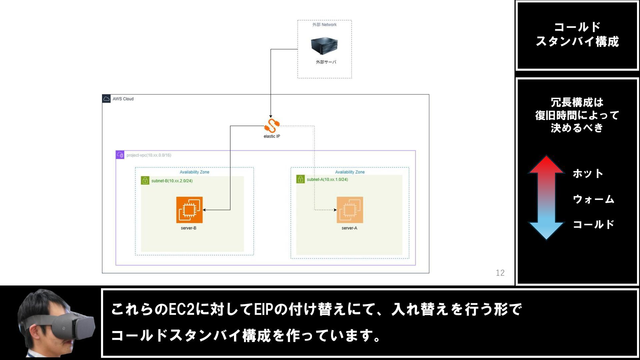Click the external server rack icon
pos(324,46)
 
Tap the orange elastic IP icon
pos(272,126)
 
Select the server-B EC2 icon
pos(189,210)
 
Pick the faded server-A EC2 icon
pos(350,210)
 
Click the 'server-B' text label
pos(189,228)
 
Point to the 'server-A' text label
pos(349,228)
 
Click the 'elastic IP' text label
pos(272,136)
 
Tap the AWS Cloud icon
pos(106,99)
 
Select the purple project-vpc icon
pos(120,155)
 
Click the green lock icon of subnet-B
pos(145,181)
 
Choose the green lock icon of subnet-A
pos(300,179)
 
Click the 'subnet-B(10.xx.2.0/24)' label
pos(172,181)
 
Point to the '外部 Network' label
pos(324,25)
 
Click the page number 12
pos(500,273)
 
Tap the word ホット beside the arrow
pos(588,174)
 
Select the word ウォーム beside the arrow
pos(593,199)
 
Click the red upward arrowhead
pos(546,165)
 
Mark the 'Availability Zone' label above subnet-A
pos(350,172)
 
